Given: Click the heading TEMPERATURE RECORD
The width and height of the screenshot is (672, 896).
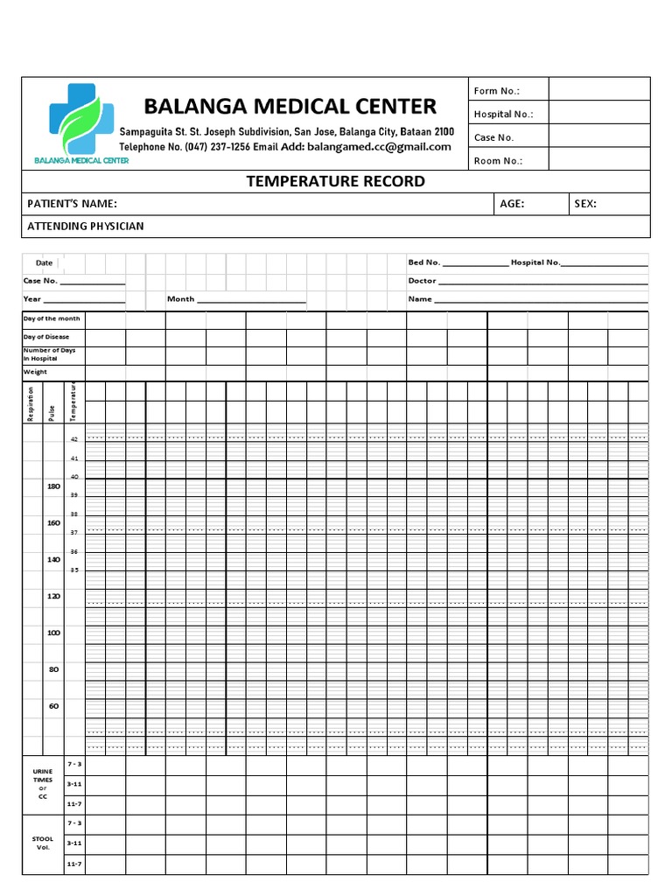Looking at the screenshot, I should coord(335,181).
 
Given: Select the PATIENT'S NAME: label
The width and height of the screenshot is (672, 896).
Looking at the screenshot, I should coord(72,204).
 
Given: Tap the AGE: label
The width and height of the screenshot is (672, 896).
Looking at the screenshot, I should coord(512,204).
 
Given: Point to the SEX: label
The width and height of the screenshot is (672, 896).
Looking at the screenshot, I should coord(585,204).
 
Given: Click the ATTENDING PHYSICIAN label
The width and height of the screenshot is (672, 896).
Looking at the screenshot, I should coord(86,227).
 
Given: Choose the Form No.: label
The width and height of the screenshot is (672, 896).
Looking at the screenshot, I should coord(497,91).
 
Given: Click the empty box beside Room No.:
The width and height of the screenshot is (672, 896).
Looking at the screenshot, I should coord(599,159).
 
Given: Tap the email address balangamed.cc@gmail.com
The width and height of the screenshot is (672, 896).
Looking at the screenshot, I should coord(379,147).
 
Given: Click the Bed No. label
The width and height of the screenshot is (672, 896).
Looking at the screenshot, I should coord(424,262).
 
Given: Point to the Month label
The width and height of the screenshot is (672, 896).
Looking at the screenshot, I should coord(181,299).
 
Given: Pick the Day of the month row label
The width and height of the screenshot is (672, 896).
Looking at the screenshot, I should coord(52,318).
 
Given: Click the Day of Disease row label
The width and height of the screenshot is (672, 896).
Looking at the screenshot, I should coord(46,337).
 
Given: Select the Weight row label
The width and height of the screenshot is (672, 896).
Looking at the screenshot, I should coord(35,372).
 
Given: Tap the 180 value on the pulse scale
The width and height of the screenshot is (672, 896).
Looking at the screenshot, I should coord(54,486).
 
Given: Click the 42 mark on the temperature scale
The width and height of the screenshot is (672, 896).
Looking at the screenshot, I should coord(74,439).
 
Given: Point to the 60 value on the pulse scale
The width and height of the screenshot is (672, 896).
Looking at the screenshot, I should coord(54,705).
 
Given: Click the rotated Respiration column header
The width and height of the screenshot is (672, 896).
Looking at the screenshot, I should coord(31,404).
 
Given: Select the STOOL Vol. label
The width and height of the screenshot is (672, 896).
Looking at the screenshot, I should coord(43,843).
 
